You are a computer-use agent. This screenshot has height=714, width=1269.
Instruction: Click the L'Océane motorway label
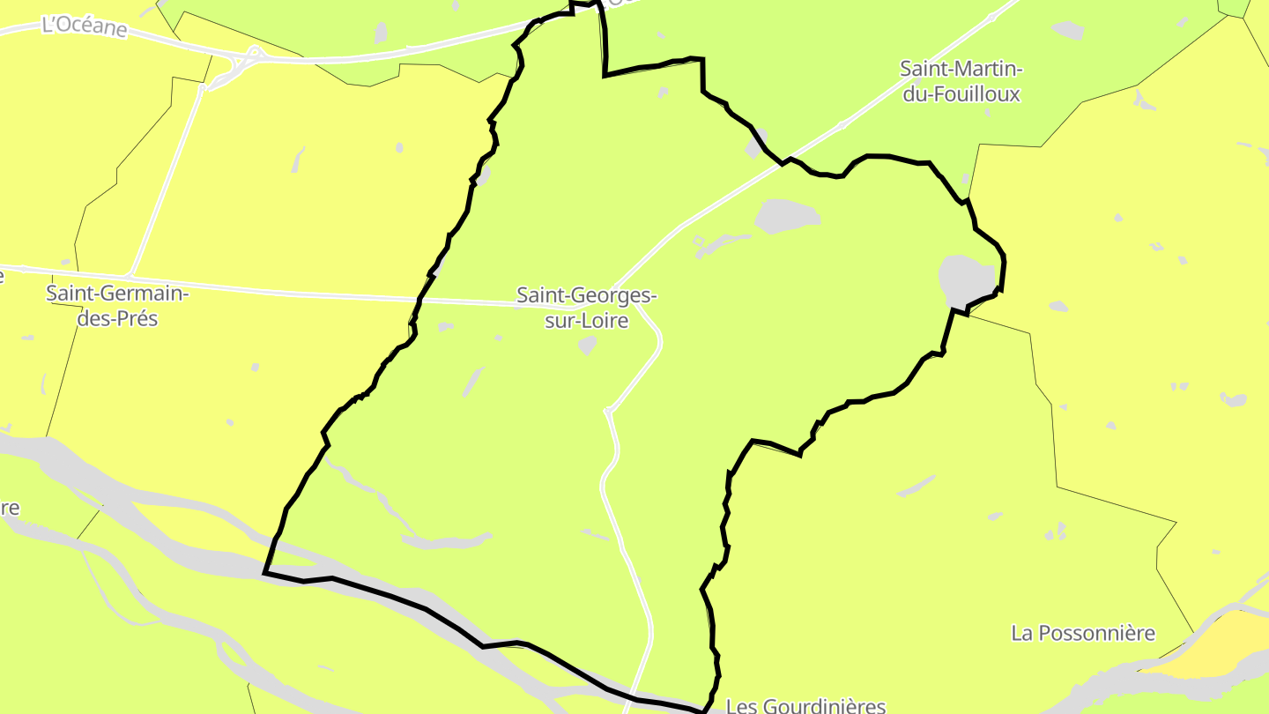click(85, 26)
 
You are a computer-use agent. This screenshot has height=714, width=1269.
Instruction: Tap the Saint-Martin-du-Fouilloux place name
click(961, 81)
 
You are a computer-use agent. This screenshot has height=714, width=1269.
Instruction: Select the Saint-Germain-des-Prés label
click(117, 305)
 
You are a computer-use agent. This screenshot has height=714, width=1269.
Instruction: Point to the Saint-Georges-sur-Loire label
click(587, 308)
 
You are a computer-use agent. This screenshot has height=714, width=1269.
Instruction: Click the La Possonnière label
click(1083, 633)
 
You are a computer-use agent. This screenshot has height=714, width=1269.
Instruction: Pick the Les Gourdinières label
click(805, 706)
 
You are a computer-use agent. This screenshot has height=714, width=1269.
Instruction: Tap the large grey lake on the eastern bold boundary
click(967, 279)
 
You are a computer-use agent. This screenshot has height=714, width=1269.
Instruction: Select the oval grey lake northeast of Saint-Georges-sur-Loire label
click(787, 215)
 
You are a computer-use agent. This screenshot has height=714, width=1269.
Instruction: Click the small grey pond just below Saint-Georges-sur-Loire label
click(587, 345)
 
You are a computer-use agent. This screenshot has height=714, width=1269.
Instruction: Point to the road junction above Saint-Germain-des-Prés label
click(131, 273)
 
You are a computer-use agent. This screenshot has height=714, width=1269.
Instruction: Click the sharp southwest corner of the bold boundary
click(265, 573)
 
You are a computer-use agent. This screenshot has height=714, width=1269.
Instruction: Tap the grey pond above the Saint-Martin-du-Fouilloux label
click(1068, 30)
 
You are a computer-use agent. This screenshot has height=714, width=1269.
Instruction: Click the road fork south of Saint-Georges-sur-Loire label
click(608, 411)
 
